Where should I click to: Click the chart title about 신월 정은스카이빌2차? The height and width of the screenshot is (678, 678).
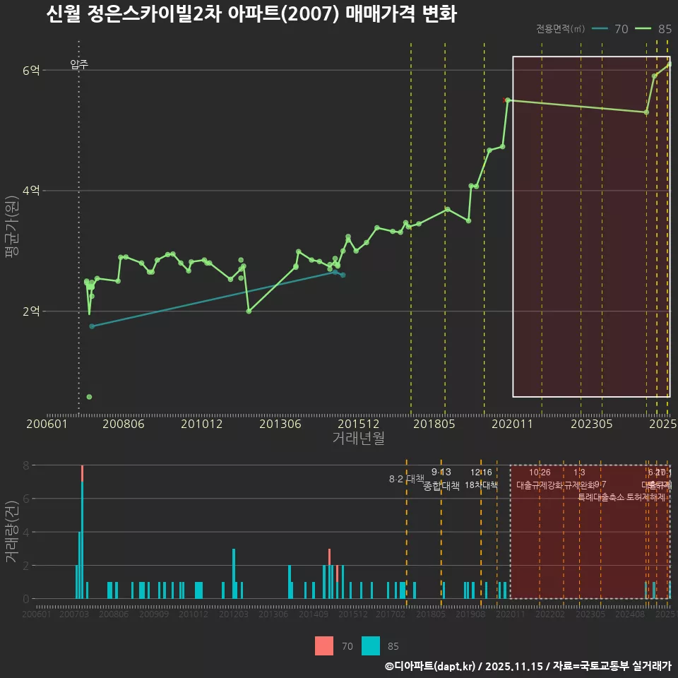(251, 14)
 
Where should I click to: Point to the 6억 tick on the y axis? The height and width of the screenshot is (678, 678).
(31, 70)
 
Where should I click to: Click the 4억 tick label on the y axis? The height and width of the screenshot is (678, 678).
(31, 191)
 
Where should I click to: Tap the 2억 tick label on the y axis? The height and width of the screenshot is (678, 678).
(31, 311)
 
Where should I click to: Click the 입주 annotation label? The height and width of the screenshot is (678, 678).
(79, 65)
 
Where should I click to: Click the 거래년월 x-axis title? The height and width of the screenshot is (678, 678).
(358, 439)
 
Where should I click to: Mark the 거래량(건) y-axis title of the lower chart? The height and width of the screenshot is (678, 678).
(11, 532)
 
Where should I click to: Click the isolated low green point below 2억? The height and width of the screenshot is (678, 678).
(89, 397)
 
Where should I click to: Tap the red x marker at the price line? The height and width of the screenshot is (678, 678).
(504, 100)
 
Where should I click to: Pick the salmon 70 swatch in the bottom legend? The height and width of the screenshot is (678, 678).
(324, 646)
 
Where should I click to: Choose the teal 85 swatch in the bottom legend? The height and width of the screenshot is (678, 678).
(371, 646)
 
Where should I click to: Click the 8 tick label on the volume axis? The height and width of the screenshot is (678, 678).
(25, 465)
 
